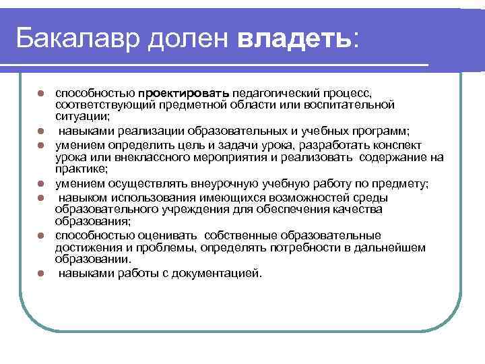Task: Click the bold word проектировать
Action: pyautogui.click(x=185, y=92)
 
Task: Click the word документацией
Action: pyautogui.click(x=216, y=274)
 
